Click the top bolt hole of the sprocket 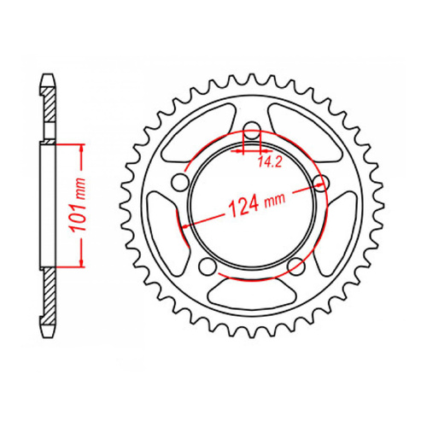(251, 131)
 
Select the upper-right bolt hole (322, 181)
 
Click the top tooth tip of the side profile (47, 82)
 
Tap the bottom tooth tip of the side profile (47, 328)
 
